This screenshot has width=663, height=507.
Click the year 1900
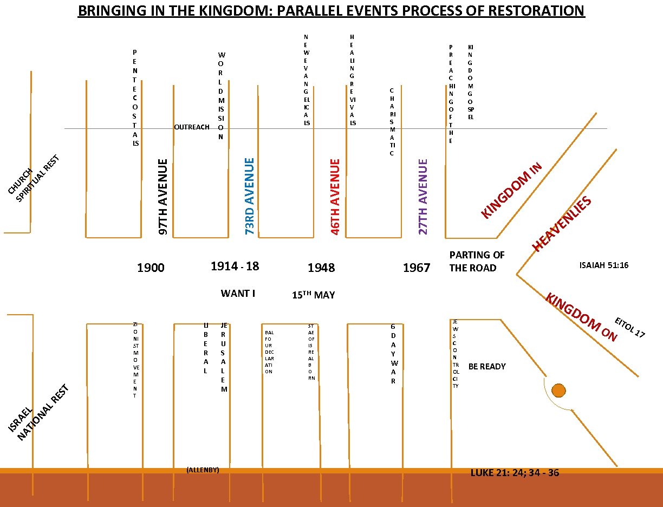point(151,268)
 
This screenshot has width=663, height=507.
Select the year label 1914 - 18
point(235,266)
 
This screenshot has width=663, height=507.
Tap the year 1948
point(321,268)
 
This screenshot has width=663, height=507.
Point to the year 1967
point(417,268)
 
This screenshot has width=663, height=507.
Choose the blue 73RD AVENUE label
point(250,196)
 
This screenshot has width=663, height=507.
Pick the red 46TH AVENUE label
point(335,196)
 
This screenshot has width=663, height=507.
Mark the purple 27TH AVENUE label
point(424,196)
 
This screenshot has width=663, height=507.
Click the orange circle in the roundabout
point(558,390)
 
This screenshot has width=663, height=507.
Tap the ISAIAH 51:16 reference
point(603,265)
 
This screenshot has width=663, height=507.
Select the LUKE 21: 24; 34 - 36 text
point(515,473)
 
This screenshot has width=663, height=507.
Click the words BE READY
point(487,367)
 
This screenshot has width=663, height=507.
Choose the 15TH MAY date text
point(313,295)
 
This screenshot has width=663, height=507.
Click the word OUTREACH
point(192,127)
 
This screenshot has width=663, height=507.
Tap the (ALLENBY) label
point(203,470)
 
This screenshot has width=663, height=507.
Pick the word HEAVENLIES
point(561,224)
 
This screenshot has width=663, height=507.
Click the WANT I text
point(238,294)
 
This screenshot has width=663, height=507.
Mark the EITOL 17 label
point(629,327)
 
